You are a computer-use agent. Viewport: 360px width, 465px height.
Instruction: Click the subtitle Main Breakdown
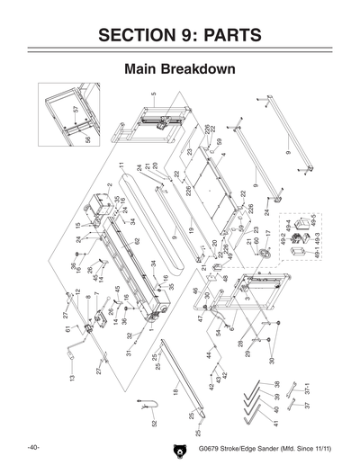pos(180,68)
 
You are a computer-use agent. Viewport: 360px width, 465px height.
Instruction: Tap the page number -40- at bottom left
pos(32,447)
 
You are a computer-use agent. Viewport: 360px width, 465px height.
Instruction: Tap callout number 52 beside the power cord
pos(154,423)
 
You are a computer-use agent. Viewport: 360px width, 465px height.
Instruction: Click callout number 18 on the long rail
pos(176,393)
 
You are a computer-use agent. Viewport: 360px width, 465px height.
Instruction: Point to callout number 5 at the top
pos(154,94)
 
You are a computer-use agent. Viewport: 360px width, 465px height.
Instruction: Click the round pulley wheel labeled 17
pos(266,255)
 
